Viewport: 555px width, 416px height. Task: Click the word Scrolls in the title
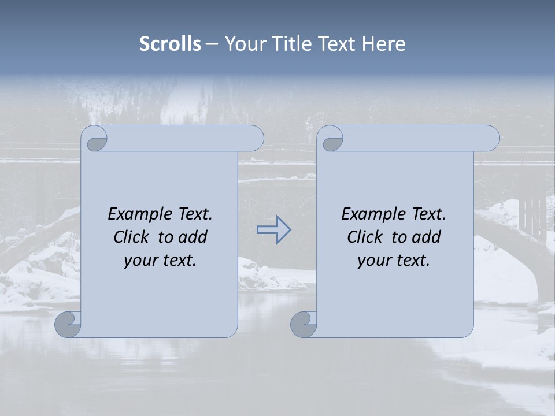click(171, 44)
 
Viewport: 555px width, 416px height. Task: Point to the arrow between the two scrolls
click(273, 229)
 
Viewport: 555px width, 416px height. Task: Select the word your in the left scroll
click(141, 261)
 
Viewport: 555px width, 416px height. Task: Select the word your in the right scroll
click(375, 261)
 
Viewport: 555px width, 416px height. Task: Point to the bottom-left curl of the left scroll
click(68, 324)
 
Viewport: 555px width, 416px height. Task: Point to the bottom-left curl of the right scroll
click(303, 324)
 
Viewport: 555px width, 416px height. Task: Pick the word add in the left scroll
click(193, 237)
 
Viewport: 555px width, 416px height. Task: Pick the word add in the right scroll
click(427, 237)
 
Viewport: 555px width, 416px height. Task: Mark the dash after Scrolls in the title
click(212, 44)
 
